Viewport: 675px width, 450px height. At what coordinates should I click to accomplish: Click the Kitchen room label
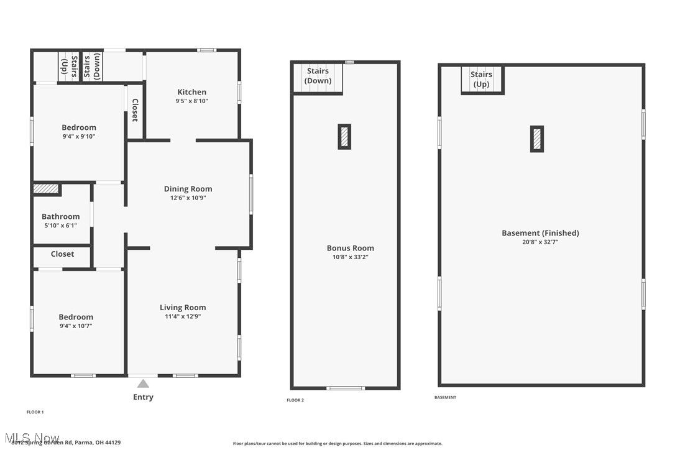point(191,92)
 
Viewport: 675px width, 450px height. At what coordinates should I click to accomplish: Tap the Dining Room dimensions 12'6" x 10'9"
point(188,198)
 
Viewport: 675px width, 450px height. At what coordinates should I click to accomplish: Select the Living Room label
point(183,307)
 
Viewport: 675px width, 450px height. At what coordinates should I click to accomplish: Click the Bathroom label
point(61,216)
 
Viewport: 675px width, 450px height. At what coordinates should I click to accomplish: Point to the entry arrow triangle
point(143,383)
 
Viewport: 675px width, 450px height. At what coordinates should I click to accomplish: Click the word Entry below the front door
point(143,397)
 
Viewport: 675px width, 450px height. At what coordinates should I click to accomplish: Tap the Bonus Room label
point(351,248)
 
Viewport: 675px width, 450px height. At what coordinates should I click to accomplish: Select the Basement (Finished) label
point(540,233)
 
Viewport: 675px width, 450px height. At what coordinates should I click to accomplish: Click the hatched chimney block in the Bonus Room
point(344,137)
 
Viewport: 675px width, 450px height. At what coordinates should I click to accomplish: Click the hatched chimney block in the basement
point(537,139)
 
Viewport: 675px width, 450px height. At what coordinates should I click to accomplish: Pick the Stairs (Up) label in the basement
point(482,79)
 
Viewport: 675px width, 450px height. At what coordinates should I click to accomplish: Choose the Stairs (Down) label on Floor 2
point(318,76)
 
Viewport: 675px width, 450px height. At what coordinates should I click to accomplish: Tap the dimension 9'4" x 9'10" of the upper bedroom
point(79,137)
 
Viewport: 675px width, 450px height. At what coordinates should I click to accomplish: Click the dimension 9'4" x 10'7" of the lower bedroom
point(76,326)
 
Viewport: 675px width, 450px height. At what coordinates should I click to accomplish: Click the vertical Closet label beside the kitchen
point(135,109)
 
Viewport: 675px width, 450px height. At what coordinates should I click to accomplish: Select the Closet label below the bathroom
point(62,254)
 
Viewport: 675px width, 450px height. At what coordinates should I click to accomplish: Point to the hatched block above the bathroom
point(45,188)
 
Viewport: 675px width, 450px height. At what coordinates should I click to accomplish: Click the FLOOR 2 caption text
point(295,400)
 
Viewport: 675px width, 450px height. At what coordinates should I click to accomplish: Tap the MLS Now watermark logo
point(31,438)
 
